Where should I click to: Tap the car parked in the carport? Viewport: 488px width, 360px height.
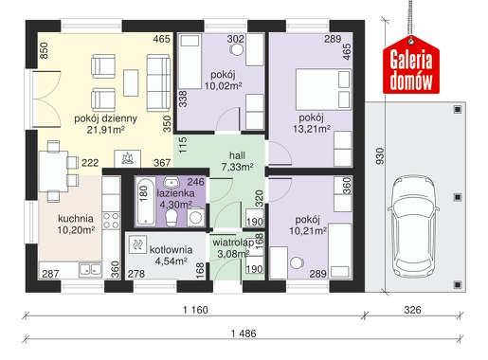[x=413, y=227]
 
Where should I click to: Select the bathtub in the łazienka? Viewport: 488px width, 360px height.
[x=146, y=202]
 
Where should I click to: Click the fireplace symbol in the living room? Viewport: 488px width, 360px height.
[x=127, y=158]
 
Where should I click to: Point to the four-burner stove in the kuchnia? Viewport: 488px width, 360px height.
[x=111, y=221]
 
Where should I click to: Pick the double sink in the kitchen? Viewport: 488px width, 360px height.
[x=90, y=270]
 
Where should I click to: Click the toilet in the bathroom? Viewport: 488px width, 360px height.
[x=172, y=218]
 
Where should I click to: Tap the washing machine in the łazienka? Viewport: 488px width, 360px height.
[x=195, y=217]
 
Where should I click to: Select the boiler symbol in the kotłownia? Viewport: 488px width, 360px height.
[x=137, y=244]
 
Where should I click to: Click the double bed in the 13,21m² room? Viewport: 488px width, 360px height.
[x=323, y=89]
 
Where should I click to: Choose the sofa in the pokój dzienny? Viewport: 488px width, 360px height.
[x=158, y=83]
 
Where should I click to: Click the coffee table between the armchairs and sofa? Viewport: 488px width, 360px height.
[x=131, y=83]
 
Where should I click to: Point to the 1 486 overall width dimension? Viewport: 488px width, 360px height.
[x=244, y=333]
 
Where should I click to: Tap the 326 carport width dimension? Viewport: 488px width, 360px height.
[x=412, y=310]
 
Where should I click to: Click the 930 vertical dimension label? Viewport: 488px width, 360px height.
[x=380, y=155]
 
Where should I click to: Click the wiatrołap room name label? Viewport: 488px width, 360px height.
[x=233, y=243]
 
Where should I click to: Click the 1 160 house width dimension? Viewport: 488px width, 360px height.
[x=195, y=310]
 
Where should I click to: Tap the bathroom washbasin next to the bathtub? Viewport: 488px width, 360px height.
[x=172, y=183]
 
